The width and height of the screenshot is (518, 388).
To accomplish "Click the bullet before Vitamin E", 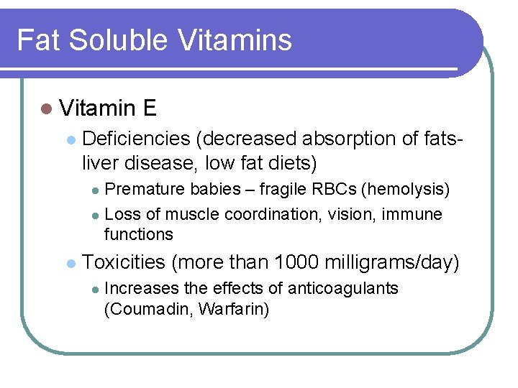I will tap(46, 109).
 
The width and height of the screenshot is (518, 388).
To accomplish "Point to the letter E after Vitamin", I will tap(150, 108).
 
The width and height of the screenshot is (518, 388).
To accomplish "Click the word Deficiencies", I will tap(137, 139).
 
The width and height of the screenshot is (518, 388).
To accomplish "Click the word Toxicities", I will tap(124, 262).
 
